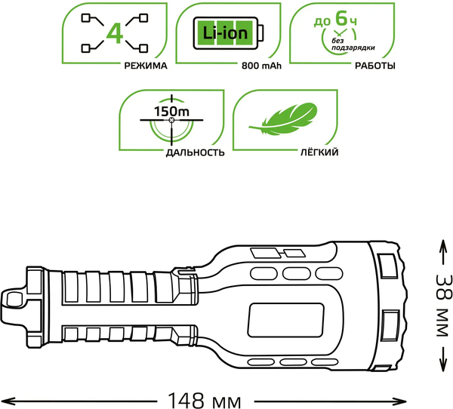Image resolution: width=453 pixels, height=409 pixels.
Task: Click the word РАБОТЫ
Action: tap(374, 66)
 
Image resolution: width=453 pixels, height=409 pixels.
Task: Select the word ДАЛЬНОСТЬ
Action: tap(195, 152)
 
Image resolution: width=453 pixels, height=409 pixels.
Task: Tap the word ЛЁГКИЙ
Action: tap(319, 152)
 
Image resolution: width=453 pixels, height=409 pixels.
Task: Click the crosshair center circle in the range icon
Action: tap(171, 121)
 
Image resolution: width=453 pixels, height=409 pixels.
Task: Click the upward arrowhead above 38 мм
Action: tap(442, 244)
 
